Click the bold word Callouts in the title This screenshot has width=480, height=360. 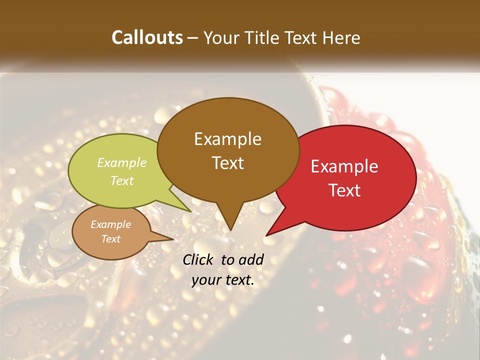(x=147, y=37)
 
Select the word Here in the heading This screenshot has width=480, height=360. (x=341, y=37)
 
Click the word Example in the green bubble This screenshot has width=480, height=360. (x=121, y=162)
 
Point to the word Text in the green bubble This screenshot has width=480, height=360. (x=121, y=180)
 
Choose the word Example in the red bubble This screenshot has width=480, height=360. (x=344, y=166)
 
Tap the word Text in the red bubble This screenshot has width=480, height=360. (x=344, y=190)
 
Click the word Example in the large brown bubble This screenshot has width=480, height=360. (x=227, y=139)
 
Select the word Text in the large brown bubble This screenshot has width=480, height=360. (x=227, y=163)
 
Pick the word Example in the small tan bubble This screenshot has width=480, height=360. (x=110, y=224)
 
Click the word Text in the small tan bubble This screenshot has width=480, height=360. (x=110, y=239)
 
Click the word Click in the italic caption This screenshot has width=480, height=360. (x=198, y=259)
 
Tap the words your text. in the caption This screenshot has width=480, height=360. (x=223, y=280)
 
